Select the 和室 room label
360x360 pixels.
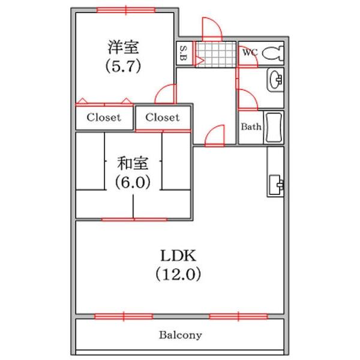pyautogui.click(x=133, y=163)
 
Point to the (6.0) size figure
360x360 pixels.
pyautogui.click(x=133, y=182)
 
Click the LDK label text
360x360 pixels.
pyautogui.click(x=178, y=255)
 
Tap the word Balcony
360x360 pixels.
pyautogui.click(x=180, y=335)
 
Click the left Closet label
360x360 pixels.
pyautogui.click(x=104, y=118)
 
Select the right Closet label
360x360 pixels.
pyautogui.click(x=162, y=118)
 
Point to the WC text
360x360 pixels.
pyautogui.click(x=250, y=53)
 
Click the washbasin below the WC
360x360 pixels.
pyautogui.click(x=276, y=79)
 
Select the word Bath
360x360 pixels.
pyautogui.click(x=251, y=127)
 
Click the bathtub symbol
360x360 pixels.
pyautogui.click(x=274, y=127)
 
